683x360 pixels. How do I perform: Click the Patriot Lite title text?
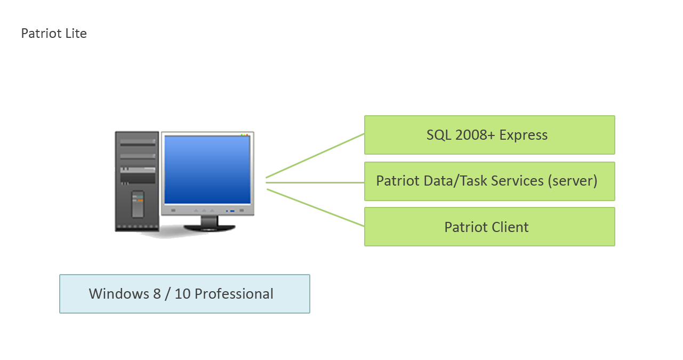[x=54, y=33]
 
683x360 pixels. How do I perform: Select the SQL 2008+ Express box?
[x=489, y=135]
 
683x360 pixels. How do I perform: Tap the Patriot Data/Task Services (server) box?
[x=489, y=181]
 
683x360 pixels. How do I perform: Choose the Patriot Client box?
[x=489, y=227]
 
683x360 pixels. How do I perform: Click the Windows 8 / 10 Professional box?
[x=185, y=294]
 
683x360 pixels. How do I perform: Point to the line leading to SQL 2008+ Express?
[x=315, y=156]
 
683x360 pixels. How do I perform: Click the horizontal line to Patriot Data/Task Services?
[x=315, y=183]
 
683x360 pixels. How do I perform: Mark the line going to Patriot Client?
[x=316, y=208]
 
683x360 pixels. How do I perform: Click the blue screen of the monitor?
[x=207, y=170]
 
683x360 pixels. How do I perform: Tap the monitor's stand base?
[x=210, y=228]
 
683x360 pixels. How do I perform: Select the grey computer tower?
[x=137, y=181]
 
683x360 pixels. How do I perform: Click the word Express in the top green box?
[x=523, y=135]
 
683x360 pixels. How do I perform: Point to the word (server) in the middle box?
[x=572, y=181]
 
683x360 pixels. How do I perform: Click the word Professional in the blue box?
[x=234, y=294]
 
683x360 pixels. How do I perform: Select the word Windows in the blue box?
[x=119, y=294]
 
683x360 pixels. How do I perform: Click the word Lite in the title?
[x=76, y=33]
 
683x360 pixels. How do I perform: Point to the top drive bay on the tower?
[x=138, y=142]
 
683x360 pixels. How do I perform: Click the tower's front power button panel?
[x=138, y=204]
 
